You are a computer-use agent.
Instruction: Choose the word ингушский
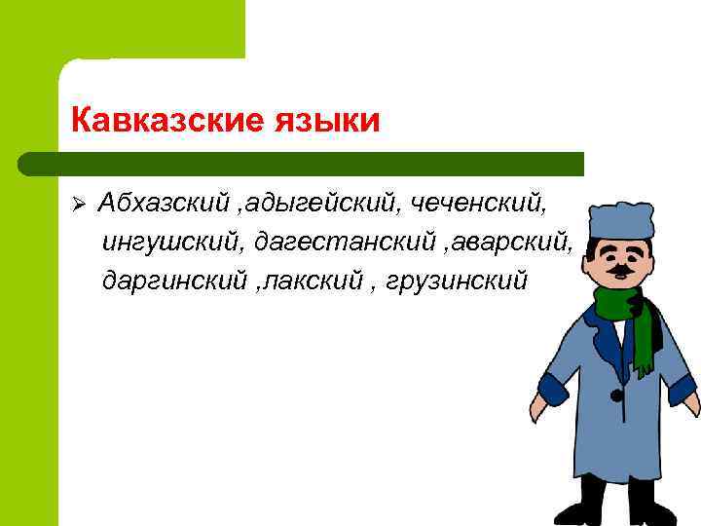172,242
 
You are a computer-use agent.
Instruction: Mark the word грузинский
457,281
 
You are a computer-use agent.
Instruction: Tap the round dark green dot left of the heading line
28,163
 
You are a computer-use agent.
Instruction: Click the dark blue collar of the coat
600,326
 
